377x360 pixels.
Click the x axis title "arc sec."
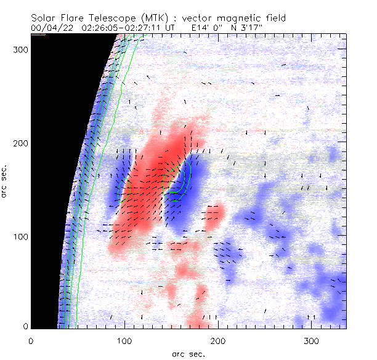(188, 353)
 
